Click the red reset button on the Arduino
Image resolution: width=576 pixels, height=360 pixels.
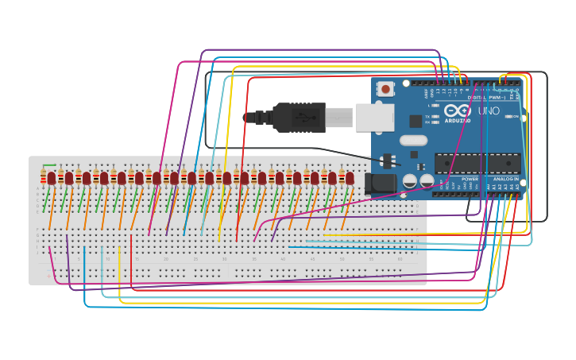click(x=385, y=89)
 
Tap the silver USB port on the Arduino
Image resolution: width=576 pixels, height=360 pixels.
click(x=374, y=118)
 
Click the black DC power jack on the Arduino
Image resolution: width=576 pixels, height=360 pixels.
click(x=381, y=184)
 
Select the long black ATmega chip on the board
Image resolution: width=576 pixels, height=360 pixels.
click(x=477, y=163)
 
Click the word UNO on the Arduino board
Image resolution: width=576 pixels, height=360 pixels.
click(x=489, y=111)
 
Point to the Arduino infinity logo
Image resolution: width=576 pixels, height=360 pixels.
click(x=458, y=110)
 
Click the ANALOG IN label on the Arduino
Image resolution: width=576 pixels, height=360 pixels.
click(x=505, y=179)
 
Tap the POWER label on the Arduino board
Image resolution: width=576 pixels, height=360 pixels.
click(x=470, y=179)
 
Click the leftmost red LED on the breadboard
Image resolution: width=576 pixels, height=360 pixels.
click(x=52, y=178)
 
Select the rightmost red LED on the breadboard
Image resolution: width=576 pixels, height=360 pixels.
click(x=350, y=178)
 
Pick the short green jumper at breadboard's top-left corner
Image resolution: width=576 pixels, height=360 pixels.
click(x=49, y=165)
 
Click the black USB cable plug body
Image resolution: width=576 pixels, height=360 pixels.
click(x=299, y=118)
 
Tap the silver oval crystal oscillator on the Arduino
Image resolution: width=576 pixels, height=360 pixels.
click(x=413, y=141)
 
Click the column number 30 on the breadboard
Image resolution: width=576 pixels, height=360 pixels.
click(x=224, y=259)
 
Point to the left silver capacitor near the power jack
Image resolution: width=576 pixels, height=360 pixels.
click(x=410, y=181)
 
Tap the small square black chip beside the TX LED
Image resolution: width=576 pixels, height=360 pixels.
click(x=416, y=121)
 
